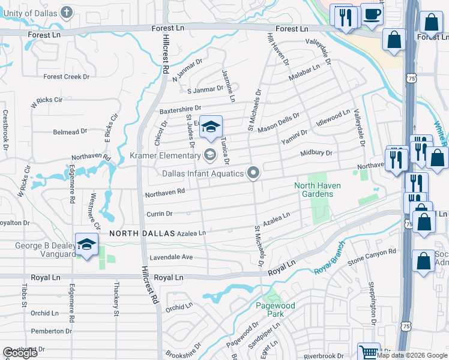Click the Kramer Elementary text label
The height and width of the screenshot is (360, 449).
(x=165, y=156)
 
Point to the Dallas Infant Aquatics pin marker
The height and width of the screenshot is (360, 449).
(x=253, y=173)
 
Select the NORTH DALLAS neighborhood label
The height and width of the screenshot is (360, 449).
(x=142, y=233)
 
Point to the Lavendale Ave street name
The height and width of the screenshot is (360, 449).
(x=170, y=257)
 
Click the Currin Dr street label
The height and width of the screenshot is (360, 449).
(x=159, y=214)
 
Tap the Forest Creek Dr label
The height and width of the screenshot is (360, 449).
(x=66, y=77)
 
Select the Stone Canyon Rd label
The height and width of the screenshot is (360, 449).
(x=372, y=256)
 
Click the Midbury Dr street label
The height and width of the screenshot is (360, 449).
(x=316, y=153)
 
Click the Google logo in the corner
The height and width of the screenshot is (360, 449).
(x=20, y=353)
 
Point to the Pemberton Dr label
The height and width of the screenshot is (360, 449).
(x=52, y=331)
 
